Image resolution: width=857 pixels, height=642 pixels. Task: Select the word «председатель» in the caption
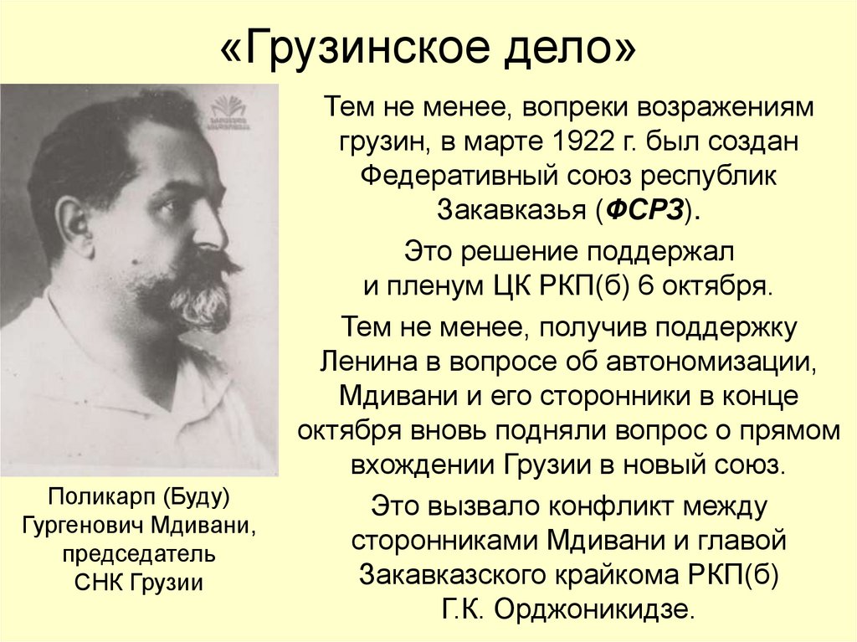pyautogui.click(x=139, y=554)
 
